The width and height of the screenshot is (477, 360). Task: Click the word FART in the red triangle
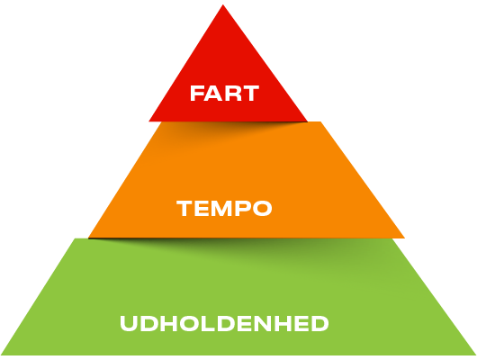pyautogui.click(x=224, y=93)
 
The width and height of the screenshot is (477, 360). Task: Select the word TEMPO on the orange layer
pyautogui.click(x=224, y=209)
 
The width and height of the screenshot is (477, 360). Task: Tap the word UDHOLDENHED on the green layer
pyautogui.click(x=224, y=323)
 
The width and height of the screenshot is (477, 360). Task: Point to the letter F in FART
pyautogui.click(x=197, y=93)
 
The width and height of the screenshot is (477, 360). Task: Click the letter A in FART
pyautogui.click(x=214, y=93)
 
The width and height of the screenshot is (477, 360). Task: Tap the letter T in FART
pyautogui.click(x=251, y=93)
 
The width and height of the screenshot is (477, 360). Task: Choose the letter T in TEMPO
pyautogui.click(x=184, y=209)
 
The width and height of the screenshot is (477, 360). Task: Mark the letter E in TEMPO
pyautogui.click(x=201, y=209)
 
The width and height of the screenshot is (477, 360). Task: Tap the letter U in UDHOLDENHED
pyautogui.click(x=129, y=323)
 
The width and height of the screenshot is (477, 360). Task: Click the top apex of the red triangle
pyautogui.click(x=222, y=4)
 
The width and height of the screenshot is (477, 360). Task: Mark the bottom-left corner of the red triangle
pyautogui.click(x=148, y=121)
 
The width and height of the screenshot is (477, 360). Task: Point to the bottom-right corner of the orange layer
pyautogui.click(x=405, y=238)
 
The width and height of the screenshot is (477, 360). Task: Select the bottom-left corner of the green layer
pyautogui.click(x=1, y=355)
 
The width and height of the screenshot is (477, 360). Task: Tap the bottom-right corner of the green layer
pyautogui.click(x=476, y=355)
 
